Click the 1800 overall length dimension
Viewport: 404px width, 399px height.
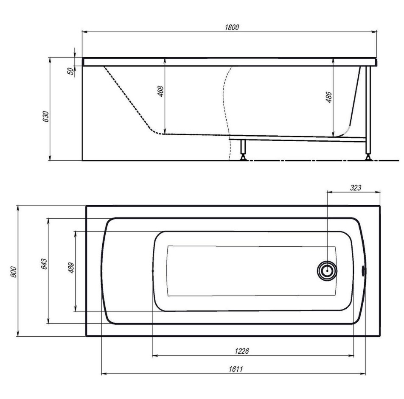click(x=232, y=27)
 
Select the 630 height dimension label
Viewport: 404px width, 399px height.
click(x=45, y=116)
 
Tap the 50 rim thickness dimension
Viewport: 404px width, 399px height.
click(x=70, y=71)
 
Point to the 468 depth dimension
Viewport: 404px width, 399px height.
click(x=160, y=92)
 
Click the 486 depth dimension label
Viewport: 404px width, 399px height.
click(x=329, y=97)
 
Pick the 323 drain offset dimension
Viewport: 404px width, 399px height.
click(x=356, y=188)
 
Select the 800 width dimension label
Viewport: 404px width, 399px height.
click(x=14, y=272)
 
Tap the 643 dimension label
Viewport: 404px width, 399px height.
click(x=44, y=264)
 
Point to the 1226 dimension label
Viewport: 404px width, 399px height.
click(x=242, y=351)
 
